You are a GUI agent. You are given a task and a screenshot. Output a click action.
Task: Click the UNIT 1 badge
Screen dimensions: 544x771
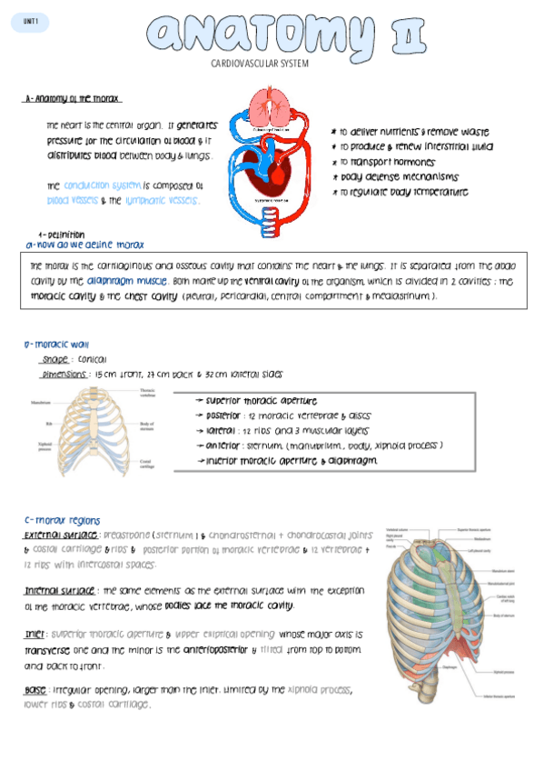[31, 21]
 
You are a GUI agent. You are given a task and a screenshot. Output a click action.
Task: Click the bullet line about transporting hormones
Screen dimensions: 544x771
[377, 162]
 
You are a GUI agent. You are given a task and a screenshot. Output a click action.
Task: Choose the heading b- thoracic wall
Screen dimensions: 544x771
[56, 345]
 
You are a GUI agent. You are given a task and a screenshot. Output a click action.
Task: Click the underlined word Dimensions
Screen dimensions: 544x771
[64, 375]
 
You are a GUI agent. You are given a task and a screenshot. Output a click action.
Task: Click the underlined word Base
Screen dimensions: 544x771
[35, 691]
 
